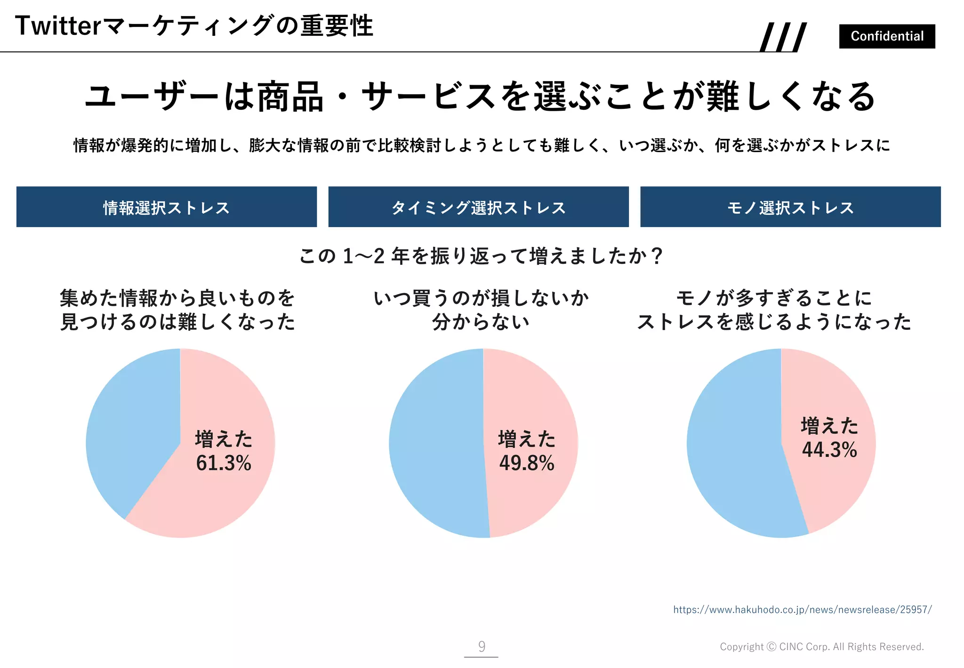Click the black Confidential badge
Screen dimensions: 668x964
tap(887, 36)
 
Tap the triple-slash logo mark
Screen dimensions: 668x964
tap(784, 37)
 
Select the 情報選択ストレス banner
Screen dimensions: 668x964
tap(167, 207)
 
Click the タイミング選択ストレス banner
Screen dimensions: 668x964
tap(478, 207)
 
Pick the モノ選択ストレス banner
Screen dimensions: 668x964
tap(790, 207)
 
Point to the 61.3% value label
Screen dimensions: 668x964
tap(224, 463)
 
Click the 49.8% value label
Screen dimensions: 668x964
tap(527, 463)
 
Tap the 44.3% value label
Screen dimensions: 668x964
tap(829, 449)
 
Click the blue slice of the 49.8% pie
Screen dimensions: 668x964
tap(435, 443)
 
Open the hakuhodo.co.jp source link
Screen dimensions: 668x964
tap(802, 610)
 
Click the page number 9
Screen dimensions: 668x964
tap(482, 646)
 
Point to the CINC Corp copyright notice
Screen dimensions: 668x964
tap(821, 647)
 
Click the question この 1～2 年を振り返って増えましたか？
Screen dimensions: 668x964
tap(481, 256)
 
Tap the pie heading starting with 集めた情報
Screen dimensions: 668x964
tap(177, 310)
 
